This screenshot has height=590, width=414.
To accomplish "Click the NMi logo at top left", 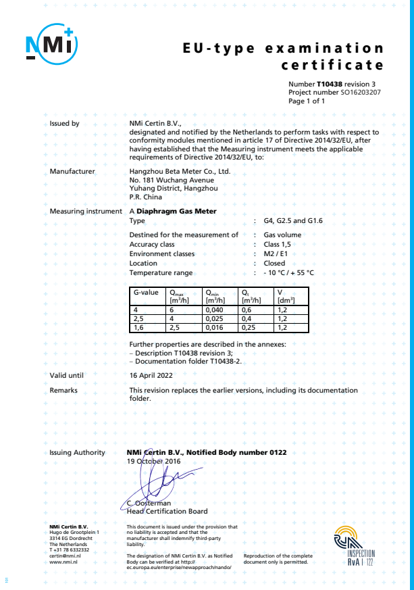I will (52, 45).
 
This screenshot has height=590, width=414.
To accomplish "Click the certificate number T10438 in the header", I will (331, 82).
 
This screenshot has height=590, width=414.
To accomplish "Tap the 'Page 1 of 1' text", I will (307, 101).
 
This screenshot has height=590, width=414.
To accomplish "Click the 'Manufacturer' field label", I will (72, 172).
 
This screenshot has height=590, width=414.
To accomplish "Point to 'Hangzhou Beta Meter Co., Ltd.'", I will (180, 172).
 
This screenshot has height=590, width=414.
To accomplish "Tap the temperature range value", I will (288, 273).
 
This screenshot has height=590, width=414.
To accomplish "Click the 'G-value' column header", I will (146, 293).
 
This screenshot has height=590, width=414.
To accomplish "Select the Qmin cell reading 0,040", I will (215, 310).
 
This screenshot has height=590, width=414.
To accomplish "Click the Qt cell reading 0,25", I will (250, 327).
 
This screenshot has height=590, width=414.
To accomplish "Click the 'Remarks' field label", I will (63, 391).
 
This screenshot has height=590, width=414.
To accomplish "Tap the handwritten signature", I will (157, 481).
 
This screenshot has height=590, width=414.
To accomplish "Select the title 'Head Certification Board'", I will (167, 512).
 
